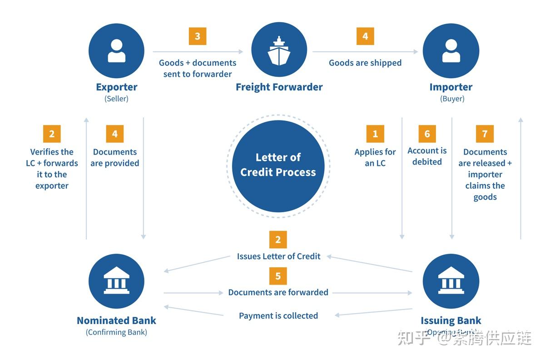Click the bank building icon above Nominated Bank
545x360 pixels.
click(116, 281)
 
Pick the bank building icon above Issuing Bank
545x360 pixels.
click(451, 281)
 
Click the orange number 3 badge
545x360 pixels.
click(198, 36)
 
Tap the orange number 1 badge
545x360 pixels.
click(375, 134)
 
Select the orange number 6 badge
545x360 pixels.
click(427, 134)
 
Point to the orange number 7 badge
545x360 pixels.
click(485, 134)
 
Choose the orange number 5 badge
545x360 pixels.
click(278, 276)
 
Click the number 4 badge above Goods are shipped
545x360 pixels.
click(365, 36)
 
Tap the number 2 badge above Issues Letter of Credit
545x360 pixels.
click(278, 240)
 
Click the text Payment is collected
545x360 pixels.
click(278, 316)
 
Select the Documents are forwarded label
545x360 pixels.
click(278, 292)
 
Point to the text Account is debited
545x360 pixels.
click(427, 156)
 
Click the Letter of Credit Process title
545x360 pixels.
click(278, 165)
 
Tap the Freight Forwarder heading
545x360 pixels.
click(279, 87)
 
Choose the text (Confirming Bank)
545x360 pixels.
click(116, 332)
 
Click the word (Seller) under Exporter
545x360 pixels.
click(116, 99)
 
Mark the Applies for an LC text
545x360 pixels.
click(375, 157)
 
